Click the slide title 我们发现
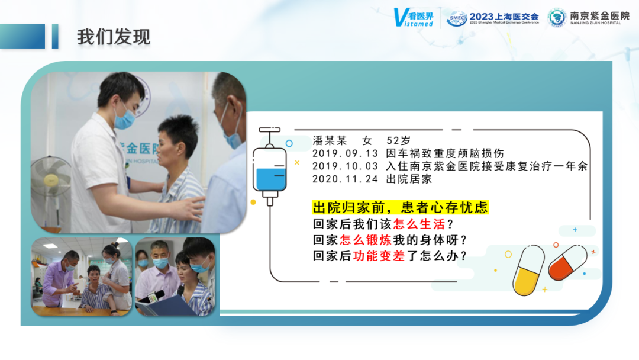[114, 37]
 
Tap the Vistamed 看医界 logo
[414, 18]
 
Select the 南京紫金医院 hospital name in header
[599, 15]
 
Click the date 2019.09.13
[345, 154]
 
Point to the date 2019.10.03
[345, 166]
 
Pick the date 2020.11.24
[345, 179]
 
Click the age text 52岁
[398, 141]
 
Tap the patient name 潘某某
[330, 141]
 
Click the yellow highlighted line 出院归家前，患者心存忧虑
[400, 207]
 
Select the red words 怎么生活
[419, 224]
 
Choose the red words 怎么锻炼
[366, 240]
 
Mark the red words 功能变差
[379, 256]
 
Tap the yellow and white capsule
[528, 270]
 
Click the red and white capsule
[567, 262]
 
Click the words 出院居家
[409, 179]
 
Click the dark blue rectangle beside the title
[22, 36]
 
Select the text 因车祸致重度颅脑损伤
[445, 154]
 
